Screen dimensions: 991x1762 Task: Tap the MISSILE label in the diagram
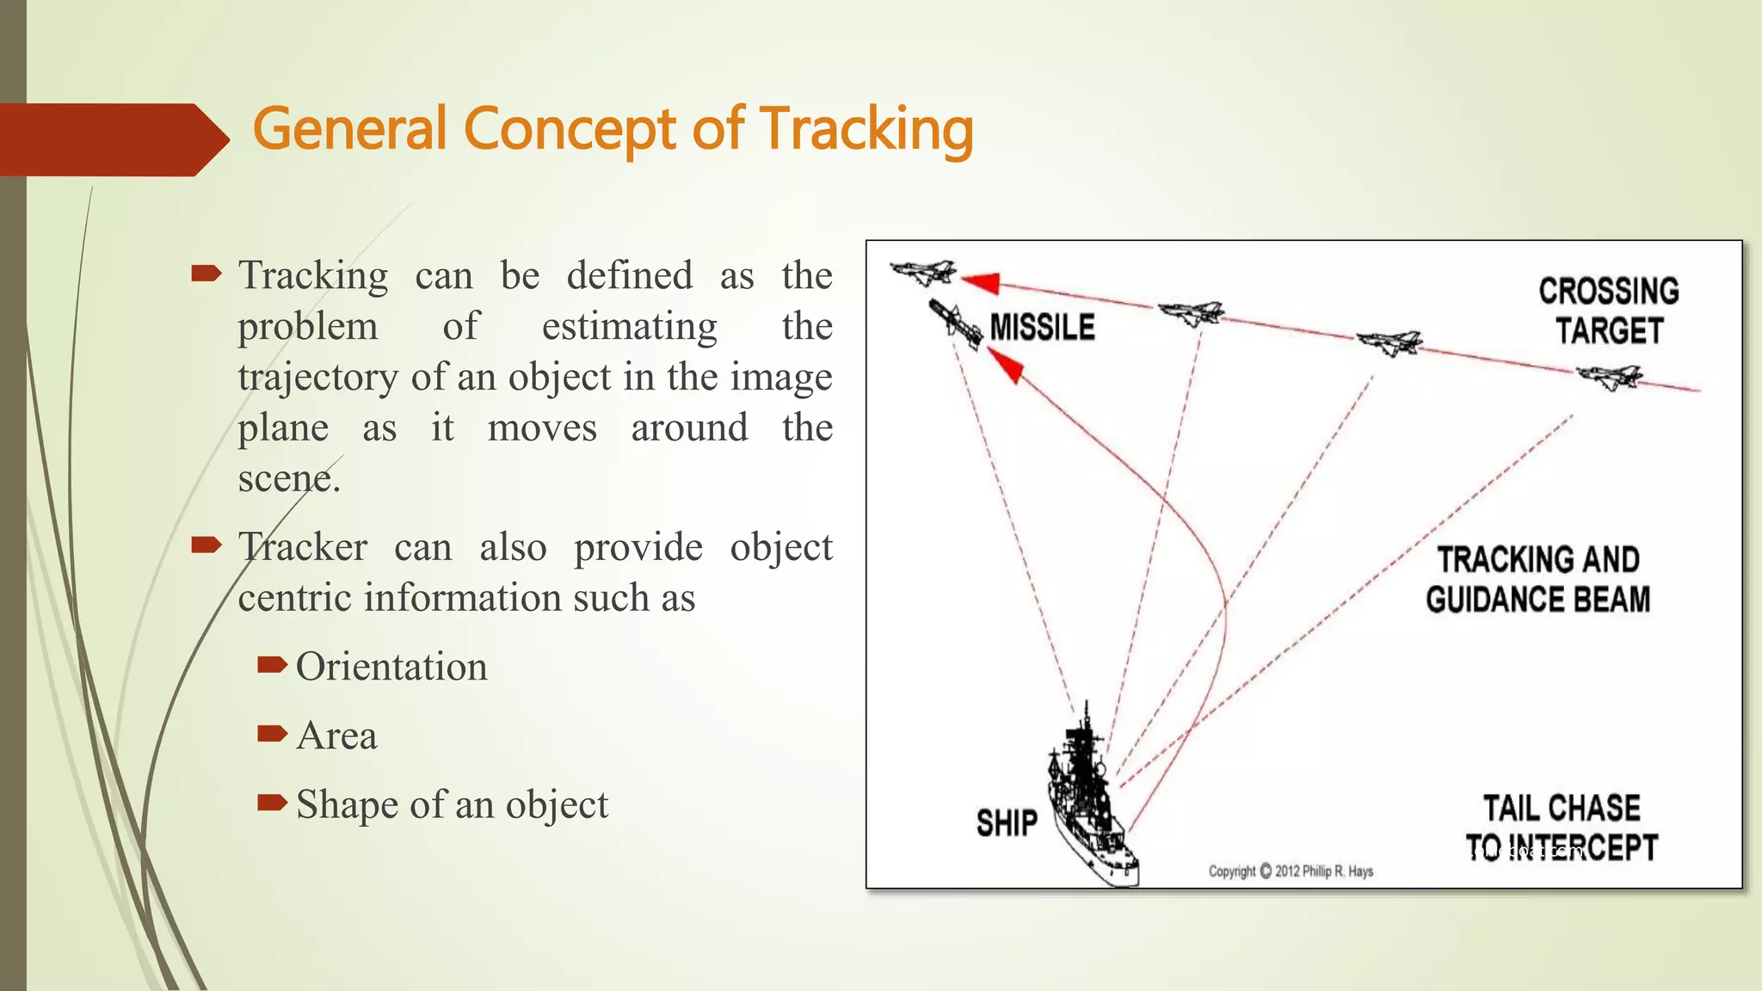pos(1042,328)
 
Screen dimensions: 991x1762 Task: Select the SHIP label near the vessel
pos(1007,823)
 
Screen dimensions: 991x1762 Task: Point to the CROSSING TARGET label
pos(1609,311)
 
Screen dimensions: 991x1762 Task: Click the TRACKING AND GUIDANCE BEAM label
pos(1538,580)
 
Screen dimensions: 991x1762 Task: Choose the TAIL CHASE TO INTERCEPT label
pos(1562,828)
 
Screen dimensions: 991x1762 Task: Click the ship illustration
pos(1088,800)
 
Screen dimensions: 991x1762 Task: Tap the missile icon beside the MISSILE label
pos(956,323)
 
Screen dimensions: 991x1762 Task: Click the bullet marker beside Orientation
pos(272,664)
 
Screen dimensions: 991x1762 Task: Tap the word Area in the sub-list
pos(336,736)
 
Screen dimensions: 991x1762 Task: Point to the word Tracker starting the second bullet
pos(303,548)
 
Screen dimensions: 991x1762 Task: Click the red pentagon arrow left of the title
pos(112,139)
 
